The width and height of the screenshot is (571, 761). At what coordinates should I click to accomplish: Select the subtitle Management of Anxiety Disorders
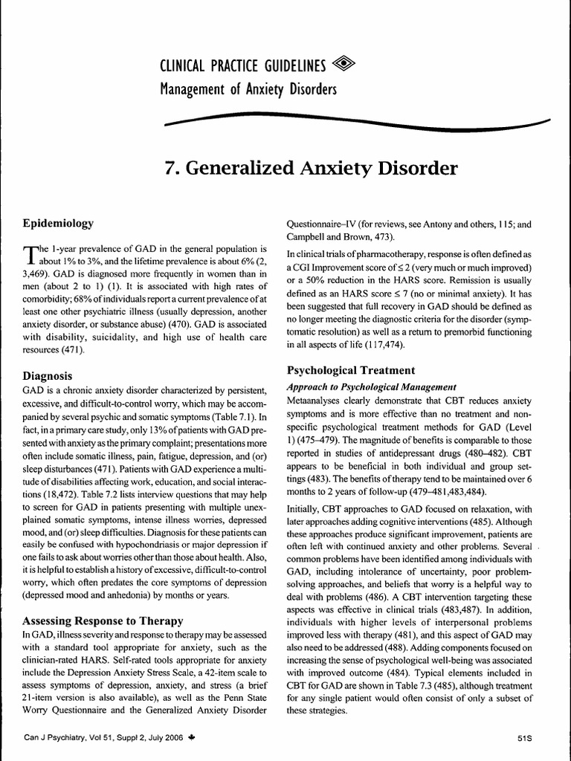[x=248, y=91]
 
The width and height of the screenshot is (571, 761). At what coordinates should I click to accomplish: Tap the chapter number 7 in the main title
[x=171, y=168]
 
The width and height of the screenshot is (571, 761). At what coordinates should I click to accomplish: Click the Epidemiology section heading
[x=58, y=222]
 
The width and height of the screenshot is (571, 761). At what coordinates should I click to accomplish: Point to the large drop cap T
[x=30, y=255]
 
